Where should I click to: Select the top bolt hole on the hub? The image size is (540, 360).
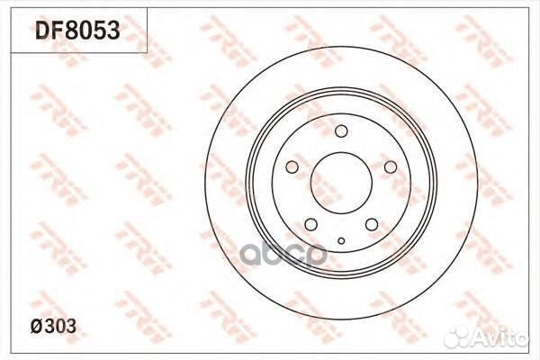(341, 132)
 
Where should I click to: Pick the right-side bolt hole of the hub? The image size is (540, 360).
(391, 167)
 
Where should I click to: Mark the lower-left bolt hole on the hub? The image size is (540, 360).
(310, 225)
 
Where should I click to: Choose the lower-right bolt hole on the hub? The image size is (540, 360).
(372, 225)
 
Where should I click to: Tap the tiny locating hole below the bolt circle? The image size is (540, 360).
(341, 240)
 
